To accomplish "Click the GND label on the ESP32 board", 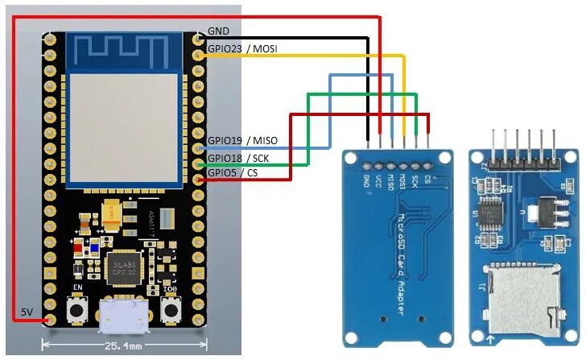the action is tap(218, 31).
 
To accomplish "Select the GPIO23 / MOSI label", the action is tap(242, 49).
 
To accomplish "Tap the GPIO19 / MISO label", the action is tap(242, 141).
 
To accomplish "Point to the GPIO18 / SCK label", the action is tap(239, 158).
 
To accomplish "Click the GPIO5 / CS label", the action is tap(233, 172).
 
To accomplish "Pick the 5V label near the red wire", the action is tap(27, 312).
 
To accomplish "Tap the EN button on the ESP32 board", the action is tap(79, 308).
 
